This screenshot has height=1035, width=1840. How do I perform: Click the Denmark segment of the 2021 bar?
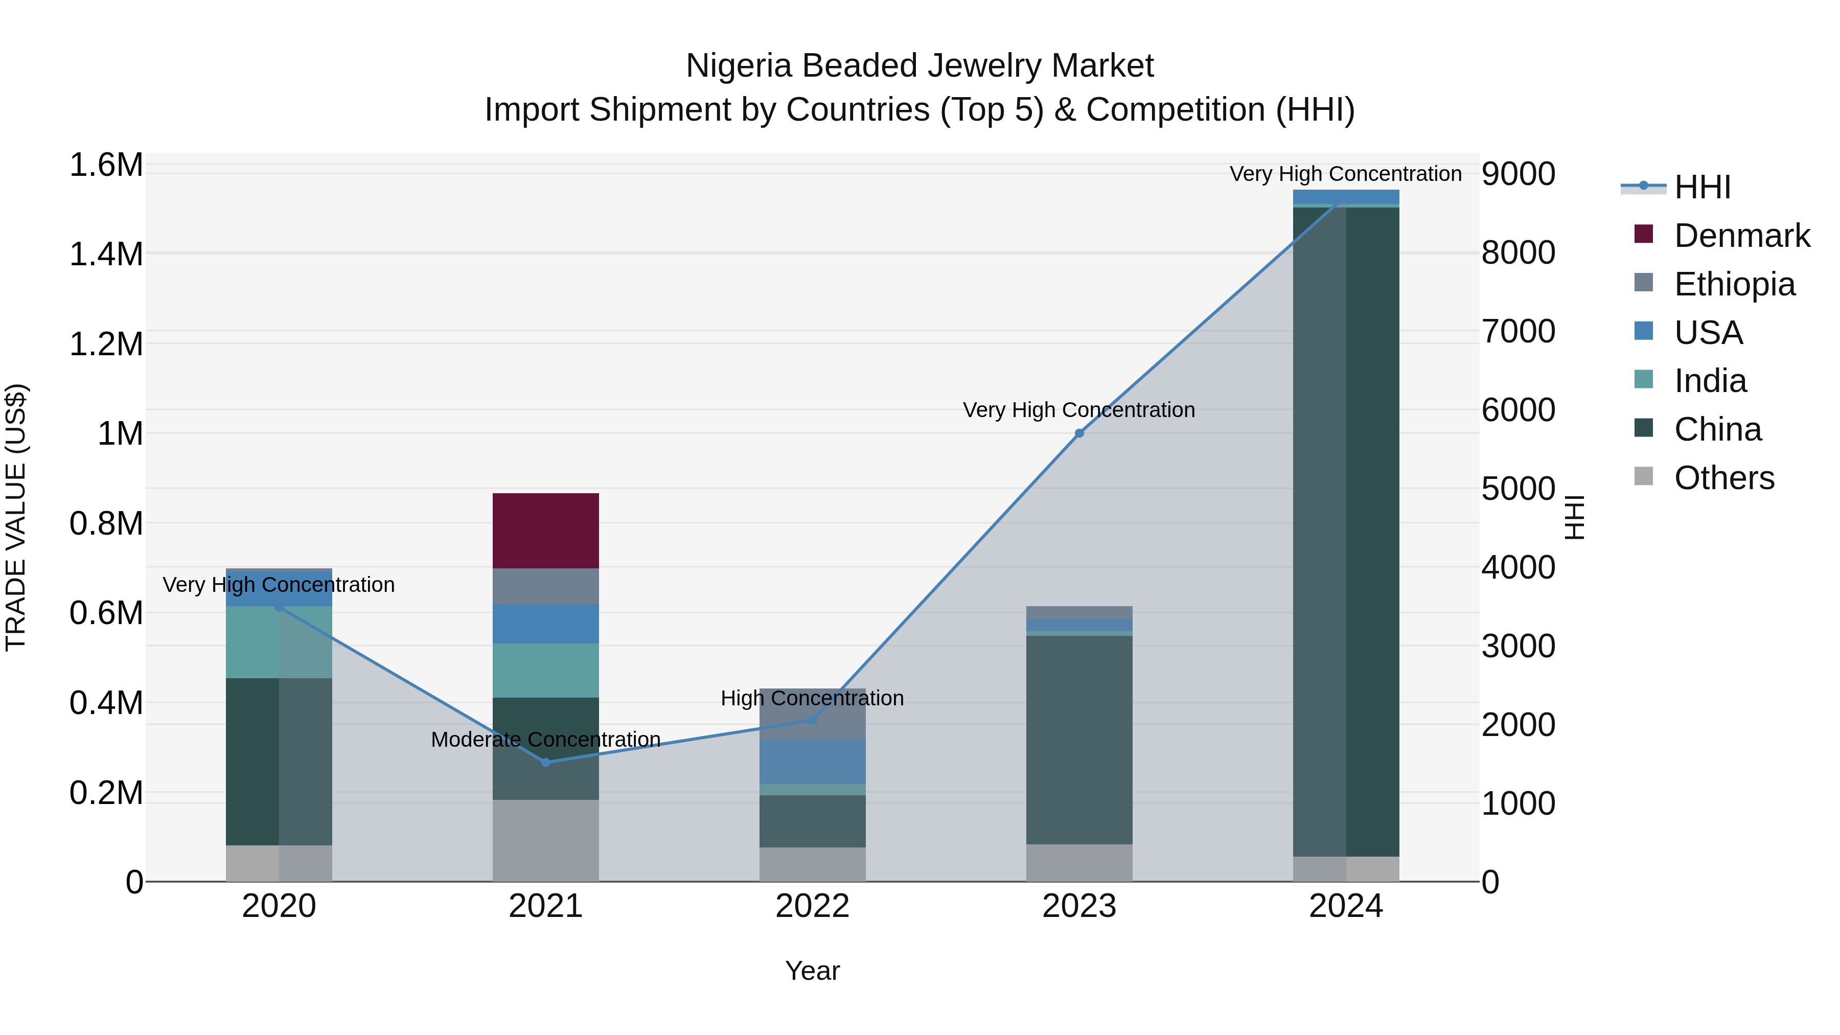tap(546, 531)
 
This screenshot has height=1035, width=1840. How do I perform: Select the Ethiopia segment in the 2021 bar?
tap(546, 586)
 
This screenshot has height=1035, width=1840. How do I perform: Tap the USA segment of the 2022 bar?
tap(812, 762)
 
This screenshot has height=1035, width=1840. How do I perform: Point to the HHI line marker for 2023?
tap(1079, 433)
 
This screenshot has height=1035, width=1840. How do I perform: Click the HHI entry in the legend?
tap(1701, 187)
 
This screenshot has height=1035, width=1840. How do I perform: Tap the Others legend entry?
tap(1723, 478)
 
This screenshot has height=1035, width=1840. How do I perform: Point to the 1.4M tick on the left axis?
tap(106, 255)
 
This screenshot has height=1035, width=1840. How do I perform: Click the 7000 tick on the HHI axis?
tap(1519, 331)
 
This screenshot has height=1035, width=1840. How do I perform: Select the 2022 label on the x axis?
tap(812, 906)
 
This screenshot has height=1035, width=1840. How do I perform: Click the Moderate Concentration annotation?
tap(546, 739)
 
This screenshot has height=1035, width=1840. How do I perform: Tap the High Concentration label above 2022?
tap(812, 698)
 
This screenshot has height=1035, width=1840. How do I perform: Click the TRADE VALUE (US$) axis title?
tap(16, 517)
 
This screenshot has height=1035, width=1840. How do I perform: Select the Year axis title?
tap(812, 971)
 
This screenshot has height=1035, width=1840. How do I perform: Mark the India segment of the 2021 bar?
tap(546, 670)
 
